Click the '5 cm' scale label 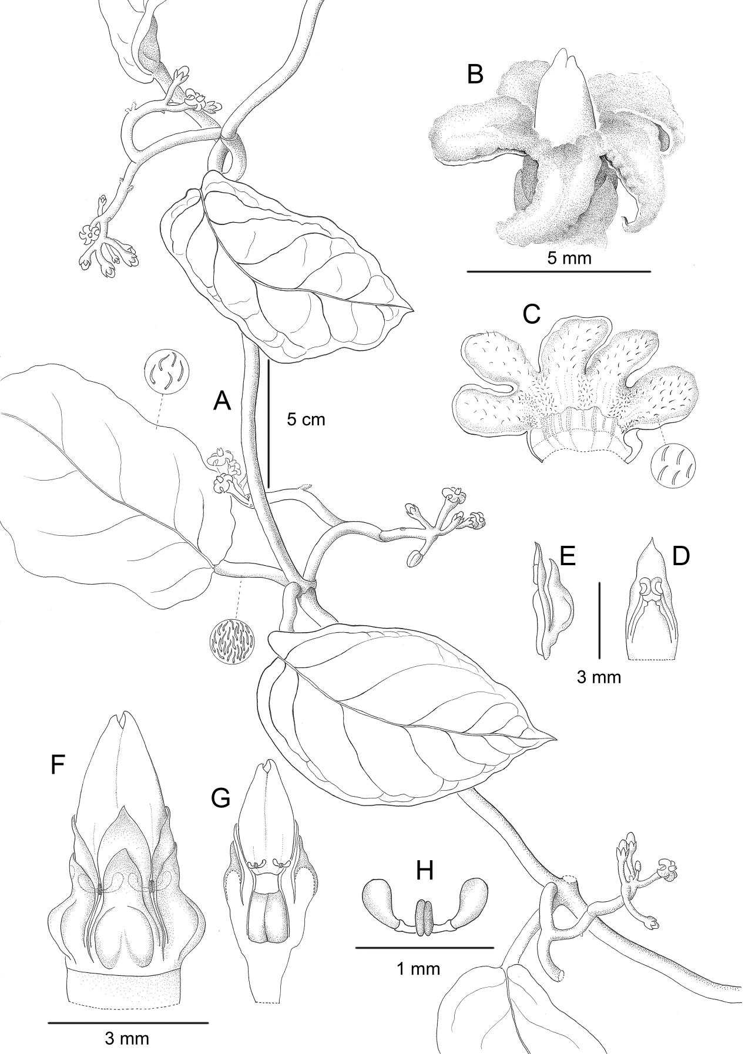(306, 419)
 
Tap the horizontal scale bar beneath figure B (558, 272)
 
